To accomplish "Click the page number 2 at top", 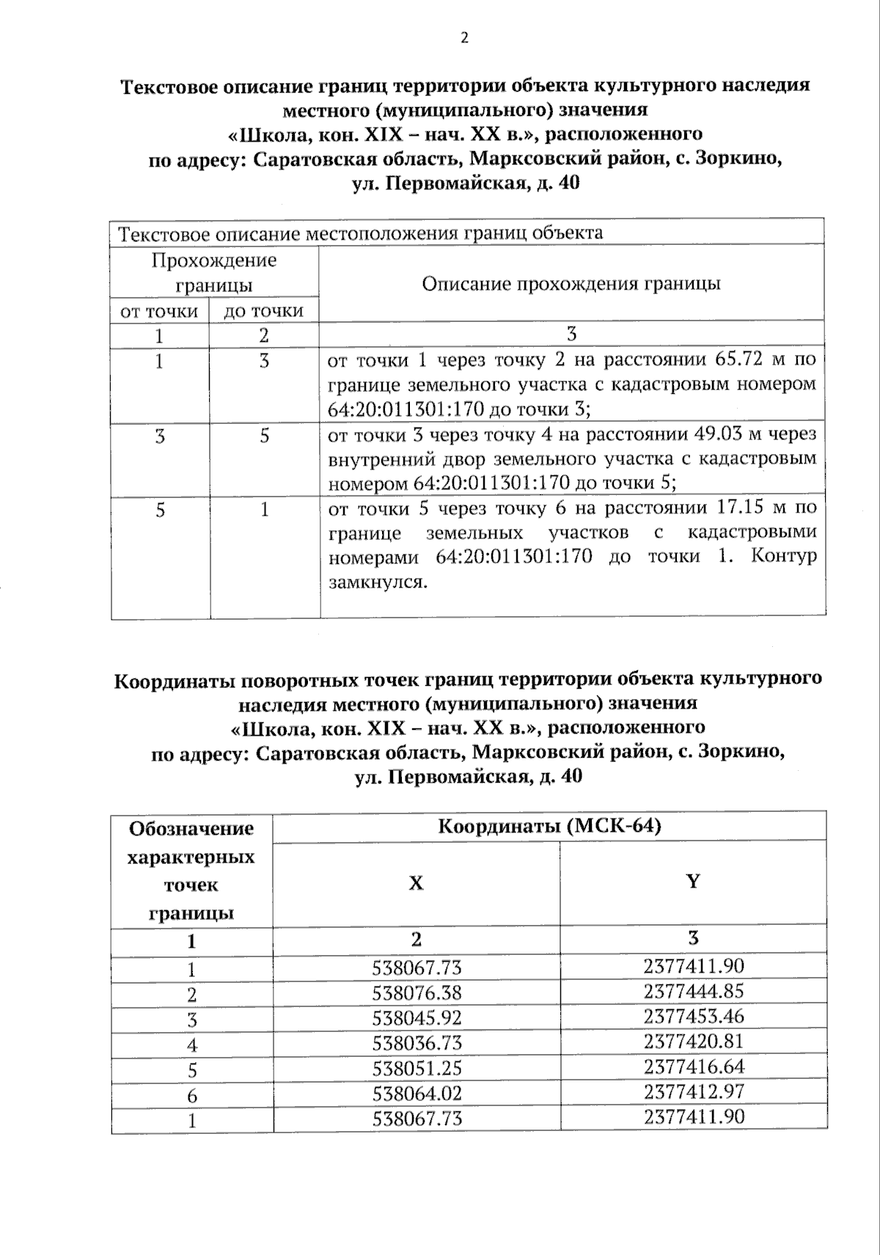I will point(463,39).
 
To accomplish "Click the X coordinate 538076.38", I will point(417,993).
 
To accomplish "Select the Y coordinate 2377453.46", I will point(694,1016).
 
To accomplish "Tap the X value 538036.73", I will point(417,1043).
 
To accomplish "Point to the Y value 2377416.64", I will point(694,1066).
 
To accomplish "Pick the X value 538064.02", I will point(417,1093).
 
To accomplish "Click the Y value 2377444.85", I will point(694,991).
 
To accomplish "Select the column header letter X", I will point(416,883).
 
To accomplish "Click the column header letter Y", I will point(693,881).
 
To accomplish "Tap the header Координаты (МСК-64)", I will point(549,827).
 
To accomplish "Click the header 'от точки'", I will point(159,311).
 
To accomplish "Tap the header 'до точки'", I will point(263,311).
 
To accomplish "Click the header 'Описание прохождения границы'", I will point(571,284).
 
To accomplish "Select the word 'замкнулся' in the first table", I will point(376,582).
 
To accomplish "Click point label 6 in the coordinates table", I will point(192,1096).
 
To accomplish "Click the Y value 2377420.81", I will point(694,1041).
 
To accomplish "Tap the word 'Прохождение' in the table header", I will point(214,260).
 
